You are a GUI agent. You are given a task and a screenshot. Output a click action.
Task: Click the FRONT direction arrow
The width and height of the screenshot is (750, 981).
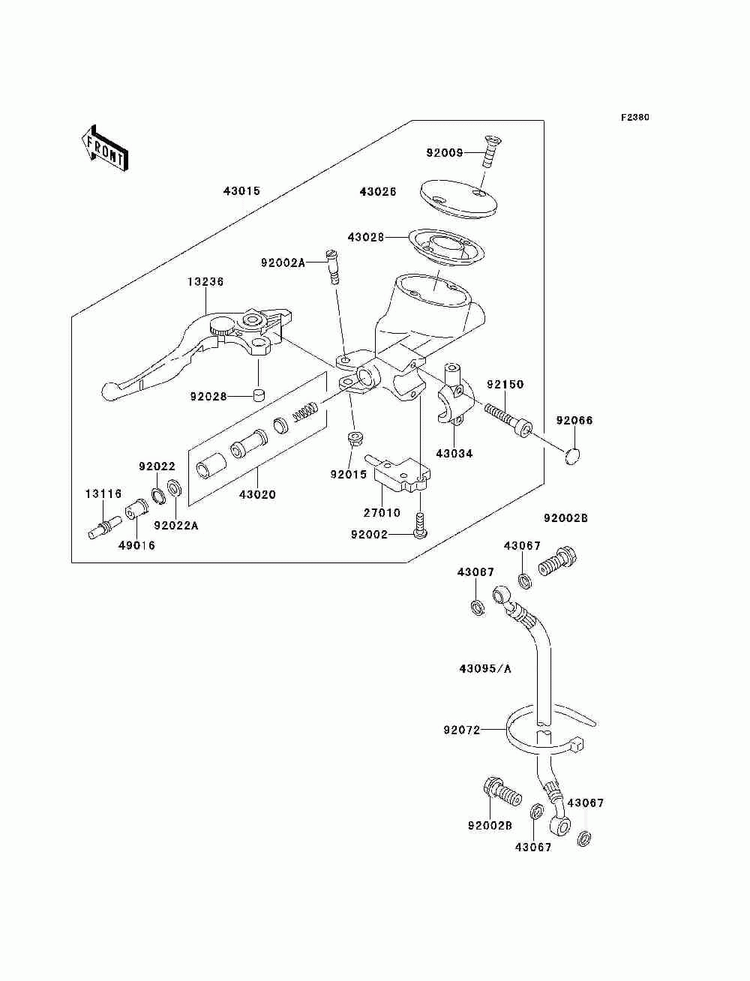(105, 148)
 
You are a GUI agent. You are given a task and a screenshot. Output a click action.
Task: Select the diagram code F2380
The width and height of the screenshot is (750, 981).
(634, 118)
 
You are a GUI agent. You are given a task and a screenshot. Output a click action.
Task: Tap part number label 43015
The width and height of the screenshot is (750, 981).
(241, 191)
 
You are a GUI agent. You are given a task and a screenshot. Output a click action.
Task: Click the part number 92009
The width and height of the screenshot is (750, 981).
(444, 153)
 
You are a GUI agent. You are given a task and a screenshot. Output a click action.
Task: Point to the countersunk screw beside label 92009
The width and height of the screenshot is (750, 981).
(492, 152)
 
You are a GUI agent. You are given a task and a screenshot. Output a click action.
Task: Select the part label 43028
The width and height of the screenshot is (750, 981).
(366, 237)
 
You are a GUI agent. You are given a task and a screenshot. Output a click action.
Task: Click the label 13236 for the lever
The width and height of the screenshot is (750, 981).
(205, 282)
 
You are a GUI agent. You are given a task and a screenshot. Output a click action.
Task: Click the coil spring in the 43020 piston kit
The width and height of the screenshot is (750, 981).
(306, 411)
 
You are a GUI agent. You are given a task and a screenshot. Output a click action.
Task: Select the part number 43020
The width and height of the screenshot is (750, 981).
(257, 495)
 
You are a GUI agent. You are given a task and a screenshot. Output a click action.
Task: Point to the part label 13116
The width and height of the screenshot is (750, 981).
(103, 493)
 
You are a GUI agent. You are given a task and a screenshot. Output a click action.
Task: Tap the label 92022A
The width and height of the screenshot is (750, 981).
(176, 526)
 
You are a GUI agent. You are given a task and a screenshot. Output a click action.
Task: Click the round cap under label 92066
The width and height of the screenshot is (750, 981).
(572, 456)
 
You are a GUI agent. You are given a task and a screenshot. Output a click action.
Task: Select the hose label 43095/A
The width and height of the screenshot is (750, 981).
(485, 681)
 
